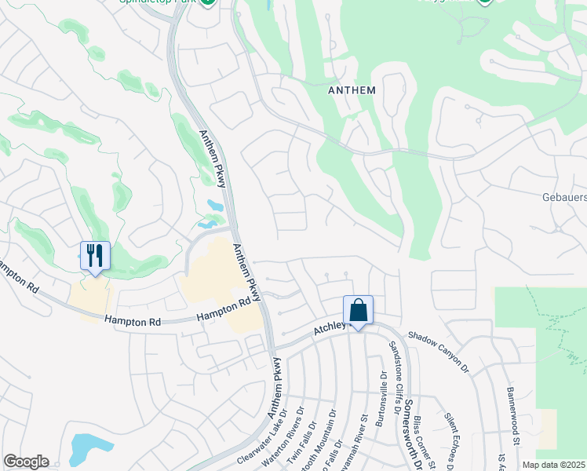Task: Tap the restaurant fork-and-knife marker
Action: [x=95, y=256]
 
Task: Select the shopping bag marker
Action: [x=358, y=310]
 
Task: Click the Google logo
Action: [x=26, y=462]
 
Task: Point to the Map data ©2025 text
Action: [x=554, y=465]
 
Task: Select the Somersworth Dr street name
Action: [x=409, y=432]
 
